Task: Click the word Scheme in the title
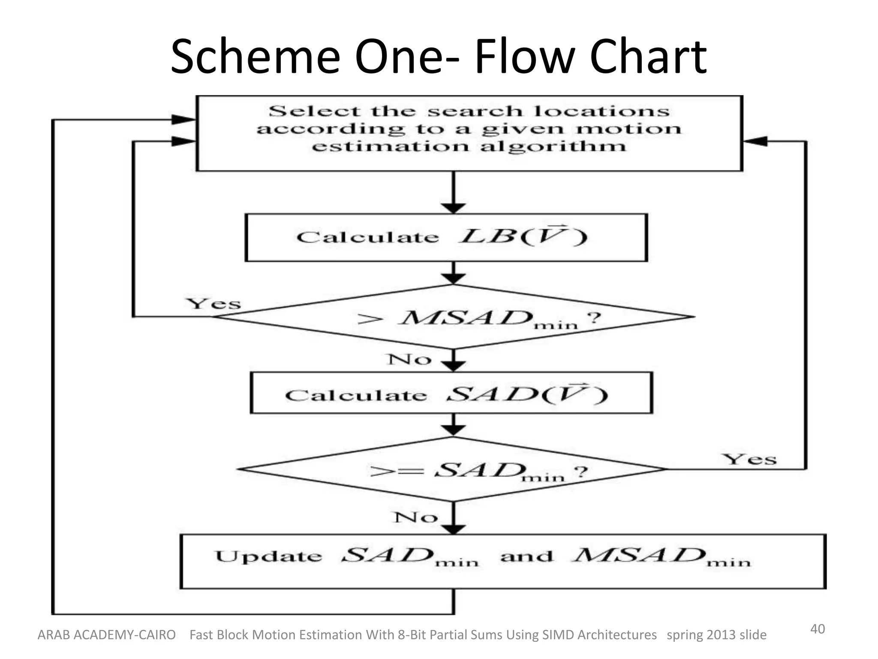256,57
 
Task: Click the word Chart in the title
648,57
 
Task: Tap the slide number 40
817,629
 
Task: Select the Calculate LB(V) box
446,237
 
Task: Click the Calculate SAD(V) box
451,393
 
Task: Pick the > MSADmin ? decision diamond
454,317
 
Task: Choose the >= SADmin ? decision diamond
453,469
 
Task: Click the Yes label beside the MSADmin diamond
213,304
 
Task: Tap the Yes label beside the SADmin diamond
749,459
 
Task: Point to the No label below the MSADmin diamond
409,360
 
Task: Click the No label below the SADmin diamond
415,517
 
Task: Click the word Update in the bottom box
268,556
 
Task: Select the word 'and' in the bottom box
526,556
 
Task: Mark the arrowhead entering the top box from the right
755,141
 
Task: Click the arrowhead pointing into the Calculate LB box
454,208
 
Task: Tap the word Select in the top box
314,111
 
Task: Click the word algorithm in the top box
553,147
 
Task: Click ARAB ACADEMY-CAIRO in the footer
106,635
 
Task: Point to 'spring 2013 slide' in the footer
716,635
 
